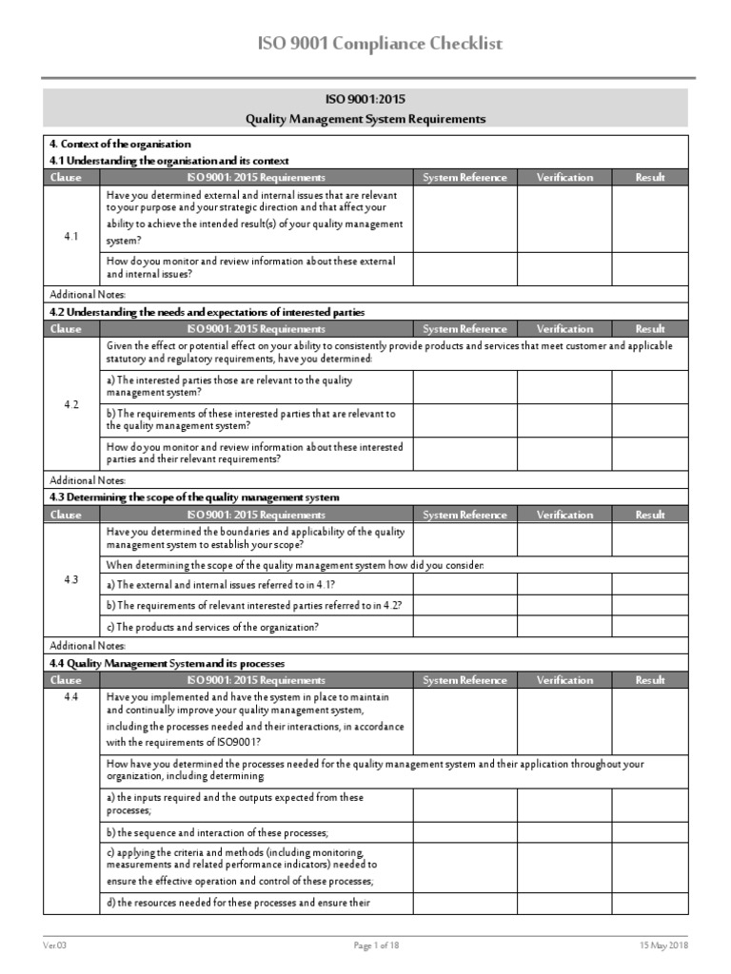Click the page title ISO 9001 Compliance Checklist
pos(365,44)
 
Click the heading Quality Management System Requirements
pos(365,119)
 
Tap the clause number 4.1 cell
pos(71,236)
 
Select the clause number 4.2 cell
pos(71,404)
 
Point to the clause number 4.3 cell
pos(71,579)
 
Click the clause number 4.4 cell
pos(71,697)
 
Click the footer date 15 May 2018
pos(663,945)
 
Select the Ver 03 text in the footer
pos(55,945)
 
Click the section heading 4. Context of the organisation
pos(120,144)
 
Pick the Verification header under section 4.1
pos(564,177)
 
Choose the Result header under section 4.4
pos(650,680)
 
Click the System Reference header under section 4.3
pos(464,515)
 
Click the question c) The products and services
pos(212,627)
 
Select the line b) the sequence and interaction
pos(217,832)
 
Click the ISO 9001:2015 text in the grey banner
pos(365,99)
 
